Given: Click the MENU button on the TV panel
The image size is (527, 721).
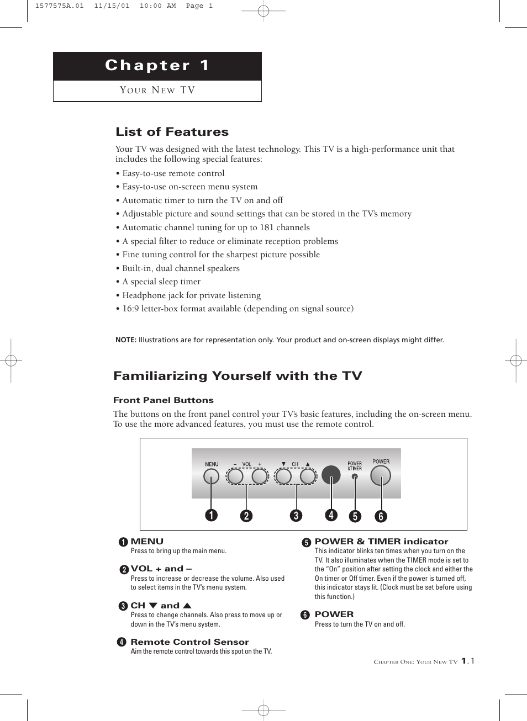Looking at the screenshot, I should click(211, 476).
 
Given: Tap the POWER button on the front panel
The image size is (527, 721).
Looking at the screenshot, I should click(381, 475).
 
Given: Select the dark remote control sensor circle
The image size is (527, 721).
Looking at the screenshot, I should click(331, 475).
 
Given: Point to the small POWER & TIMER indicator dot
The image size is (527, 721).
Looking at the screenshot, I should click(355, 476).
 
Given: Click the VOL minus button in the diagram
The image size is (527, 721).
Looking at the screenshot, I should click(235, 476).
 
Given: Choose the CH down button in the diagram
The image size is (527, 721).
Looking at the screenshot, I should click(283, 476).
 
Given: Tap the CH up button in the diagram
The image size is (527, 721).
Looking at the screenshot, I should click(308, 476).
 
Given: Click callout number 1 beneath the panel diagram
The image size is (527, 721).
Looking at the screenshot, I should click(211, 515).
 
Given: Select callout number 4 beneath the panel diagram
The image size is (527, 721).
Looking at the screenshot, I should click(331, 515).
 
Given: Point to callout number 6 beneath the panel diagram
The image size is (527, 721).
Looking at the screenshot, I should click(381, 516).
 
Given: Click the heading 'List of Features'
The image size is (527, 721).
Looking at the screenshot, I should click(172, 132).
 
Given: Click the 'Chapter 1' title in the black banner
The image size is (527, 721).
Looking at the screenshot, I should click(157, 66).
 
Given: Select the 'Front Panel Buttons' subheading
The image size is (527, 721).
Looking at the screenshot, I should click(163, 400).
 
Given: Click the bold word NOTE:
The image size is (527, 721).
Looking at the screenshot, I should click(126, 340).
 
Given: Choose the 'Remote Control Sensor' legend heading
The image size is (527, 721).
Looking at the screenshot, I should click(189, 642).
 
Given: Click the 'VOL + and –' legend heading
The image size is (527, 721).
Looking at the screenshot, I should click(161, 569).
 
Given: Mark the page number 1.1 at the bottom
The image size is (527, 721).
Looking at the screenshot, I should click(468, 661).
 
